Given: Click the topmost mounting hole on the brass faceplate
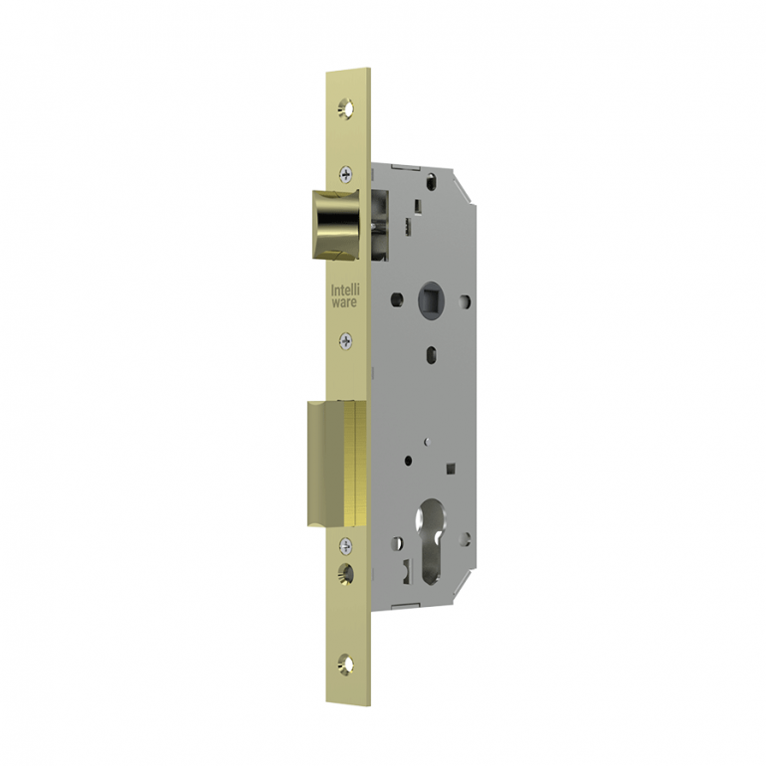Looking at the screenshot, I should pos(346,104).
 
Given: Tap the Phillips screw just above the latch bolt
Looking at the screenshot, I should pos(345,171).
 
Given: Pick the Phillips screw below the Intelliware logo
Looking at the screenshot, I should pos(345,341).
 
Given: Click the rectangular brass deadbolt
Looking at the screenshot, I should pos(335,462).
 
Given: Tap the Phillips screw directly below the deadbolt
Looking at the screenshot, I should pos(345,544).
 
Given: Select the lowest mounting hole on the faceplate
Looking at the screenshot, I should pos(346,661).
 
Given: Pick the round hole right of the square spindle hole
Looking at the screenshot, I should pos(465,299).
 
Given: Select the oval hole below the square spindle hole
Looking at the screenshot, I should pos(430,351).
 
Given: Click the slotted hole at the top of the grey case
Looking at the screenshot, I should pos(431,182).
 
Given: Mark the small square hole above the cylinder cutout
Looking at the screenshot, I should pos(451,467).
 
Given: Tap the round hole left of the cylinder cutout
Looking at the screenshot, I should pos(397,543).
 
